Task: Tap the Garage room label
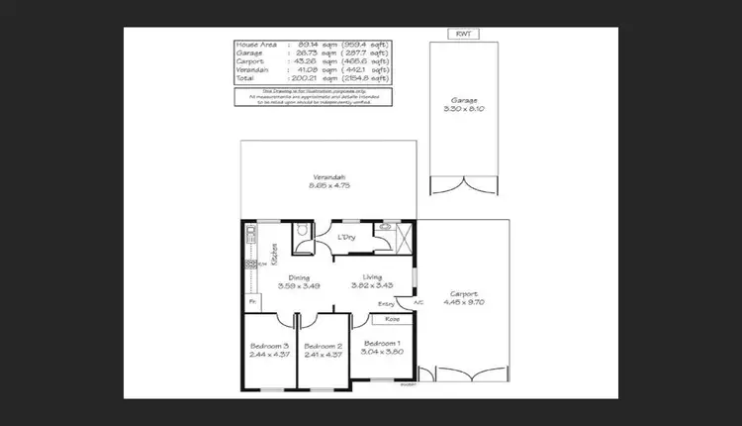click(x=465, y=102)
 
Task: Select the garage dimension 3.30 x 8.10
click(x=465, y=111)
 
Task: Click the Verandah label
click(x=329, y=176)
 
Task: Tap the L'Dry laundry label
click(x=345, y=238)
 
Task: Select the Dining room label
click(x=299, y=277)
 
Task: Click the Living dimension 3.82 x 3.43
click(x=372, y=285)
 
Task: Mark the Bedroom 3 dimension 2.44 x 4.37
click(x=269, y=354)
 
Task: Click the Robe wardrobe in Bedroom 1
click(x=392, y=320)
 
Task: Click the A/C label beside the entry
click(x=418, y=302)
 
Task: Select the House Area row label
click(x=253, y=45)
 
